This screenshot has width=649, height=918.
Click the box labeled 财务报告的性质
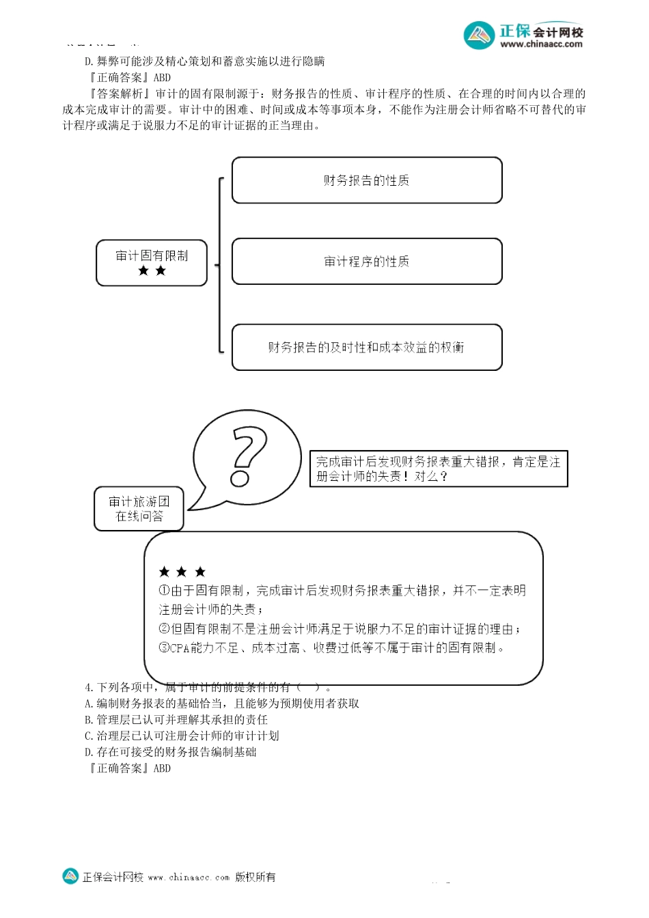point(367,180)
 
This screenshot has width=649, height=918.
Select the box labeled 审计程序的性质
point(367,261)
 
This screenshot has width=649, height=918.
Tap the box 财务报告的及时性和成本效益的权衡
point(367,347)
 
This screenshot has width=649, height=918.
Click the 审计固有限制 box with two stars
point(152,262)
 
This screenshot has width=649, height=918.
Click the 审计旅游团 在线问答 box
point(139,509)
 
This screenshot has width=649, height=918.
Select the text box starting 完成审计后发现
point(439,469)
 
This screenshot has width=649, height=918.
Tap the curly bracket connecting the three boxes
point(219,265)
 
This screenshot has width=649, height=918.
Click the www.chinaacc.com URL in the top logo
point(541,44)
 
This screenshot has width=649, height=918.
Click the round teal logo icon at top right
point(479,36)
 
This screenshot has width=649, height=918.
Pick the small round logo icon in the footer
point(70,876)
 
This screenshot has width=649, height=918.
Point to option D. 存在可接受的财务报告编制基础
point(170,752)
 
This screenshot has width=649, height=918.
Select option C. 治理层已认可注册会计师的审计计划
point(182,736)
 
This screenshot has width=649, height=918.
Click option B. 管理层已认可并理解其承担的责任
point(176,719)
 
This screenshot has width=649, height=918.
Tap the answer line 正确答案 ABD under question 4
point(130,768)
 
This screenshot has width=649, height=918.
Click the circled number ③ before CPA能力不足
point(164,648)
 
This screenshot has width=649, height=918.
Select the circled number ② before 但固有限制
point(164,628)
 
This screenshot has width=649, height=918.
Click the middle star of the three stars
point(182,572)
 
